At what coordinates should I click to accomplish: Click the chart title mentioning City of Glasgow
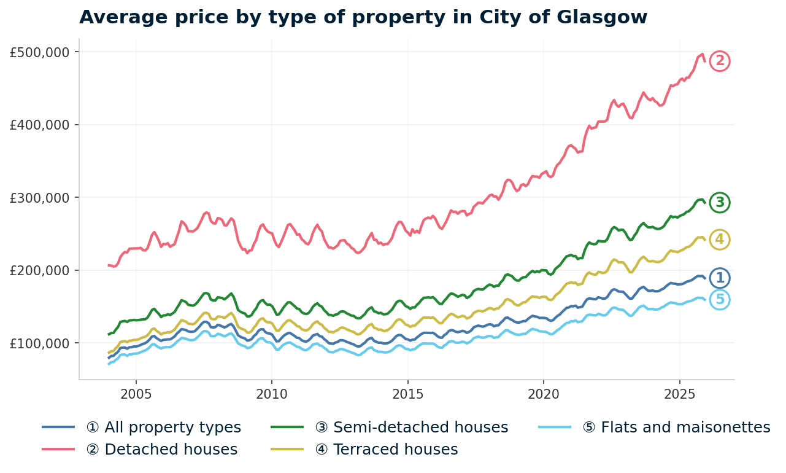[363, 17]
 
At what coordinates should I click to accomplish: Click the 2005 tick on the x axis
[136, 393]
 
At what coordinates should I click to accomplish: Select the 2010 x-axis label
[272, 393]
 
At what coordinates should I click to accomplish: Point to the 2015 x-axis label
[408, 393]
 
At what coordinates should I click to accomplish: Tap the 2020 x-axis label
[544, 393]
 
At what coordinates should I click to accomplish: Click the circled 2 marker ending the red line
[720, 61]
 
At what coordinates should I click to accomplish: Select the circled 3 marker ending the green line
[720, 202]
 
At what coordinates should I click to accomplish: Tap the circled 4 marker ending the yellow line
[720, 240]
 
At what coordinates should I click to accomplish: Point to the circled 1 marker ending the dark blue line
[720, 278]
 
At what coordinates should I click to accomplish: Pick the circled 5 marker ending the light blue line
[720, 300]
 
